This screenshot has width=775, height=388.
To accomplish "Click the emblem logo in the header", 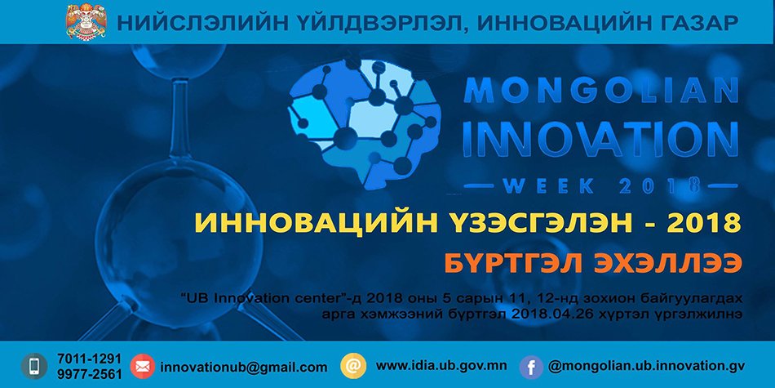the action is (86, 21).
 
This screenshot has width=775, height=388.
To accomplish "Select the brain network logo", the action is (363, 123).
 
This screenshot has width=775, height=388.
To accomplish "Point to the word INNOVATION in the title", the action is (600, 138).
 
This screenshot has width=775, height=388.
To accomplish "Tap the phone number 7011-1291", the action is (89, 359).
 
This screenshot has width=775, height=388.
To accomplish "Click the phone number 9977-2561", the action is (89, 374).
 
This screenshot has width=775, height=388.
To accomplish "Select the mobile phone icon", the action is (34, 366).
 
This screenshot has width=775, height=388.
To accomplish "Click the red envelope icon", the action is (142, 366).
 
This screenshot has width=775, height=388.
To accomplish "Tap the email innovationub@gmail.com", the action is (244, 368).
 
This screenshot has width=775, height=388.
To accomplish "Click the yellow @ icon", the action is (353, 366).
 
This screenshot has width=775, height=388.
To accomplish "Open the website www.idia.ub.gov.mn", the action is (441, 366).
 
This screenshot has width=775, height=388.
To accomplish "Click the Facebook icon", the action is (531, 368).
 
